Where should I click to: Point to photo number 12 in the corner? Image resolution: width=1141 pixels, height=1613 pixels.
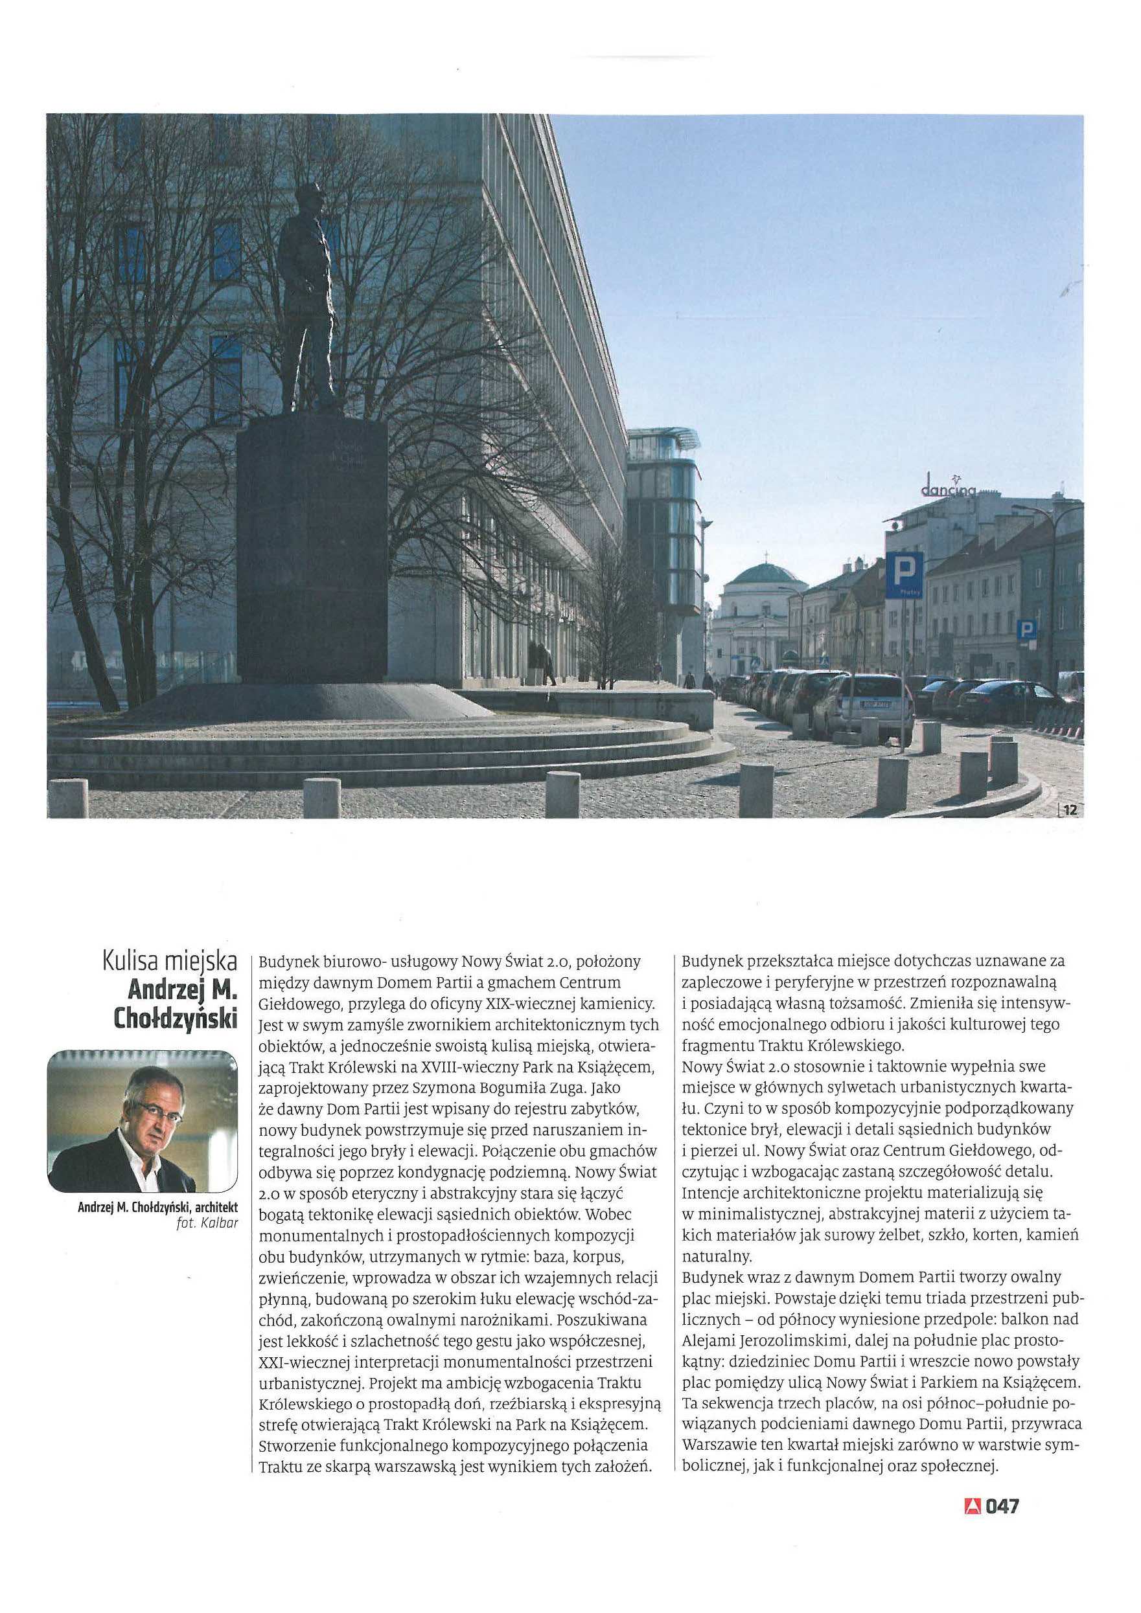(x=1069, y=810)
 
